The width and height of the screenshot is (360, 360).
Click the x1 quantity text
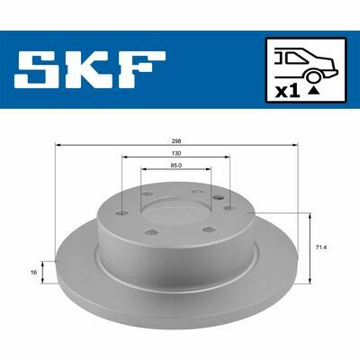pyautogui.click(x=288, y=92)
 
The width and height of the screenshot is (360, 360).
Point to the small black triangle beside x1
pyautogui.click(x=313, y=90)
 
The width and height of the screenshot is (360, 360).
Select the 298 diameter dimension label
pyautogui.click(x=177, y=141)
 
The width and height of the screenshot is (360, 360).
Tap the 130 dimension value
pyautogui.click(x=176, y=153)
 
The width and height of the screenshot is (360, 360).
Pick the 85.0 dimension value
pyautogui.click(x=177, y=166)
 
